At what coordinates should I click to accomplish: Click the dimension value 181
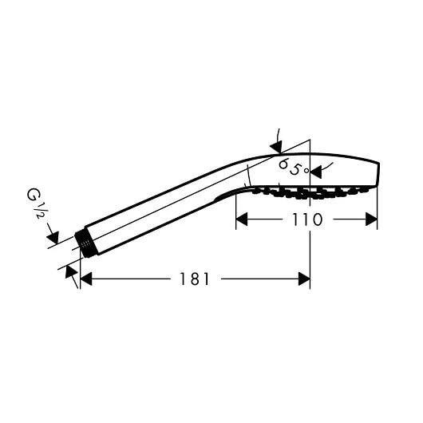pos(195,279)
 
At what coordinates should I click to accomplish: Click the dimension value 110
pos(306,219)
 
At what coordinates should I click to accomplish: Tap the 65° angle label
pos(291,168)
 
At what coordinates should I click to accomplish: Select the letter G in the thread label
pos(33,194)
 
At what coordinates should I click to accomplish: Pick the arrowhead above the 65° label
pos(276,145)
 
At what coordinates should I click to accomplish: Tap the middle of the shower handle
pos(160,211)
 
